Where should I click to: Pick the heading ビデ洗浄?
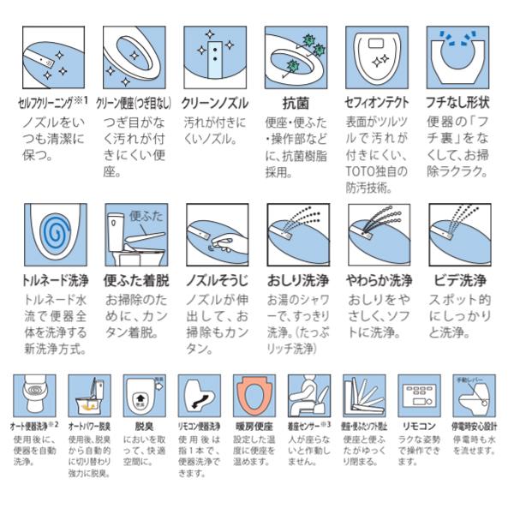pos(457,279)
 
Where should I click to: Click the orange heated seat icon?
pos(254,395)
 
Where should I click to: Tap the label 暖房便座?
pos(254,424)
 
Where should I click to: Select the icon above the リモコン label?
pos(420,395)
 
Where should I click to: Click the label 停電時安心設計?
pos(474,424)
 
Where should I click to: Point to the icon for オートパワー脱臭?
pos(89,395)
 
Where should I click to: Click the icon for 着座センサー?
pos(309,395)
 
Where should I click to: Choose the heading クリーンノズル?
pos(214,102)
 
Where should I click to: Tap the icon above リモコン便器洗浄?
pos(199,395)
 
